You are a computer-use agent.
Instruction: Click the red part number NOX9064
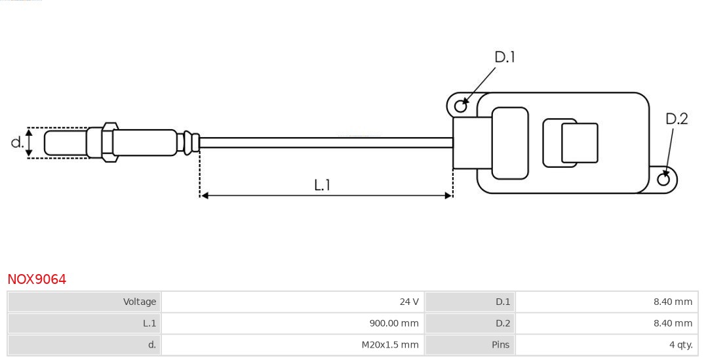(x=37, y=279)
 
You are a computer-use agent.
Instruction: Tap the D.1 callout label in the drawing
(x=504, y=58)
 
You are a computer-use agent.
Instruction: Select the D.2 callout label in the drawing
(x=677, y=119)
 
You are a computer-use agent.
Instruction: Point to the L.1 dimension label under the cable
(x=322, y=186)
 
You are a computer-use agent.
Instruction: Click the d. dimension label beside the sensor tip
(x=17, y=142)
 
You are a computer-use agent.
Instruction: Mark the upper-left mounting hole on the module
(x=460, y=104)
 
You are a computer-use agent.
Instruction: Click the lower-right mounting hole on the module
(x=663, y=179)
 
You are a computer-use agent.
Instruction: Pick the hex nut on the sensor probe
(x=108, y=141)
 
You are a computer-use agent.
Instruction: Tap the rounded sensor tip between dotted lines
(x=64, y=142)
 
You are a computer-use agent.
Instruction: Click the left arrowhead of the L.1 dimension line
(x=204, y=195)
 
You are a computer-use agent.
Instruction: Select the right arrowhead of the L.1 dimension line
(x=448, y=195)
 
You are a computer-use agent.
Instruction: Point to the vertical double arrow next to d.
(x=29, y=142)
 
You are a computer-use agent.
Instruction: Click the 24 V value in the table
(x=408, y=302)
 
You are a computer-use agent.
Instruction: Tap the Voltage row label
(x=140, y=302)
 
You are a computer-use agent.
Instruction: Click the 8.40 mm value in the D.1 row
(x=673, y=302)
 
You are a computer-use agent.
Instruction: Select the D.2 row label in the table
(x=502, y=323)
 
